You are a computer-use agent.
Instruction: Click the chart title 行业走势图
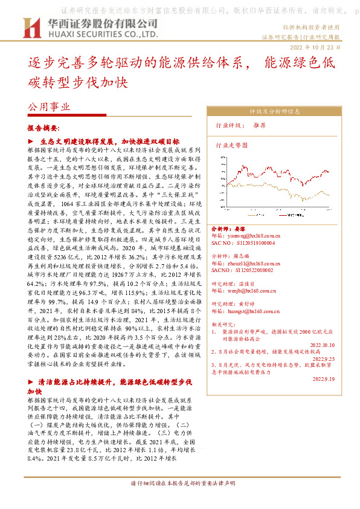point(232,146)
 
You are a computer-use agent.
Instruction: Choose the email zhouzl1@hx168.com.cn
point(254,264)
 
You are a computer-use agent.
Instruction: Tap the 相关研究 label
point(222,324)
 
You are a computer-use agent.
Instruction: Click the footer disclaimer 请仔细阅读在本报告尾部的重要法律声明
point(179,500)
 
